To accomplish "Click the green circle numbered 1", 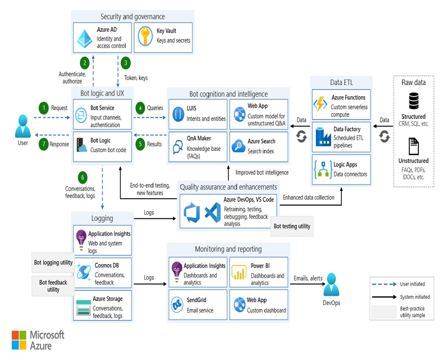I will tap(44, 108).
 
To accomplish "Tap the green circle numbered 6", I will tap(83, 178).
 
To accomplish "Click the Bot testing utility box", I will tap(292, 227).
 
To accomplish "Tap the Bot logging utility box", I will tap(53, 263).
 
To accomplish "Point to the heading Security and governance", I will tap(132, 17).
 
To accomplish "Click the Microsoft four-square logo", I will tap(19, 340).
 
